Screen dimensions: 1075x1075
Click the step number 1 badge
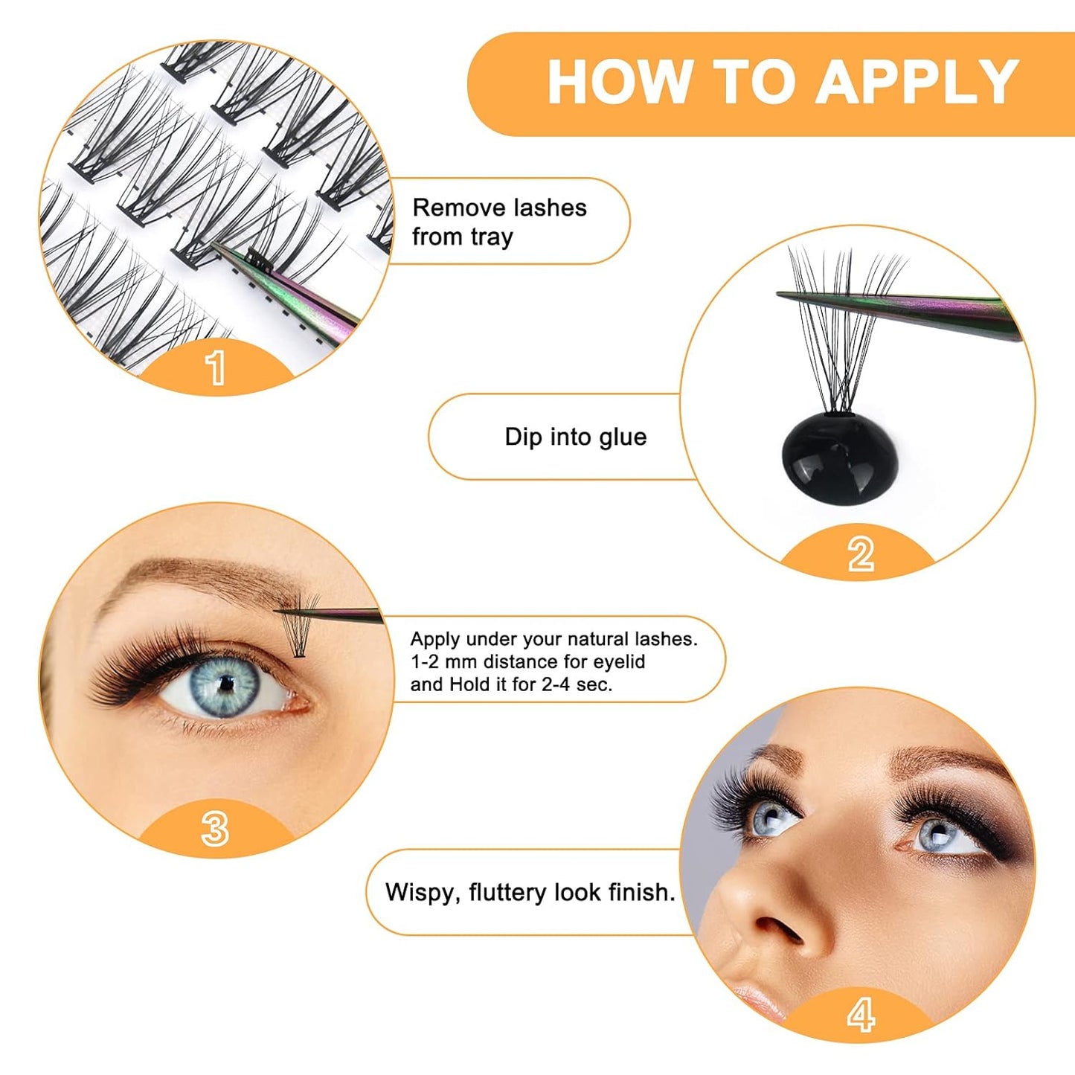[216, 368]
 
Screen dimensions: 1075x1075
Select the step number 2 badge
[861, 555]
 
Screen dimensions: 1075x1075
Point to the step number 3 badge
[215, 829]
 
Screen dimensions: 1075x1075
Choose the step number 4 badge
[860, 1015]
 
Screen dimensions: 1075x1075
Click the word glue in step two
[622, 437]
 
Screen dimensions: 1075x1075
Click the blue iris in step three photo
[224, 684]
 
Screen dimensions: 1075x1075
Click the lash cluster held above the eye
[300, 629]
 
